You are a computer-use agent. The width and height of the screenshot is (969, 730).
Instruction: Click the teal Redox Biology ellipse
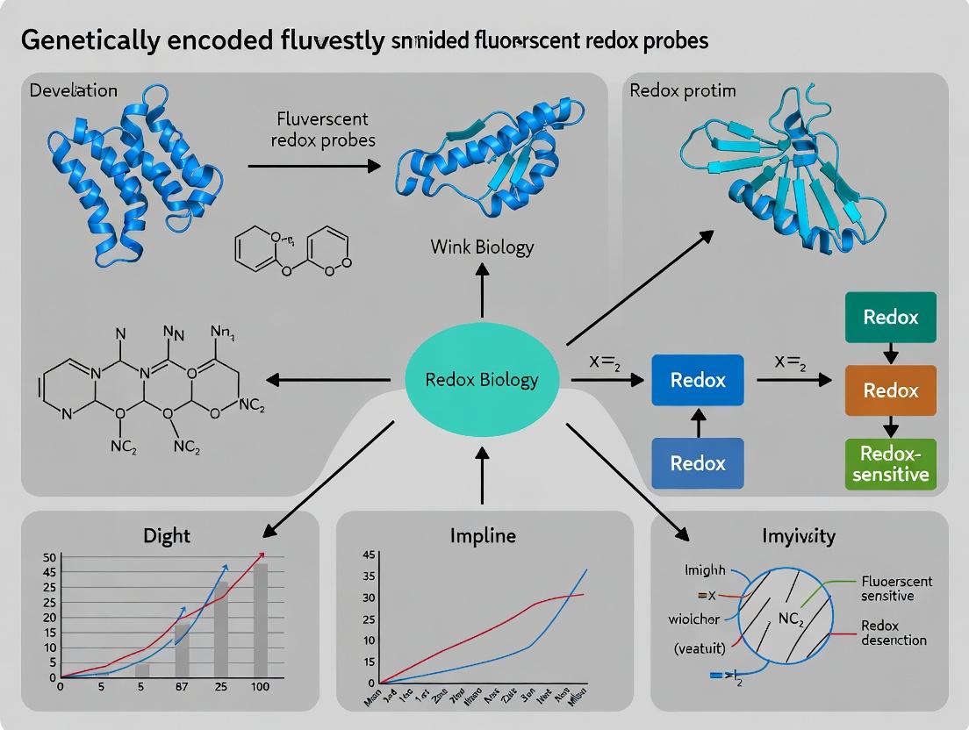pos(481,380)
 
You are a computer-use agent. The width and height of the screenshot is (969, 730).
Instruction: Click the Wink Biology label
pos(482,247)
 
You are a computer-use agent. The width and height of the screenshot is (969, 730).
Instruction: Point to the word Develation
pos(74,91)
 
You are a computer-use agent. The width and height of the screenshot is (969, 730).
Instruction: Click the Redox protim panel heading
pos(683,91)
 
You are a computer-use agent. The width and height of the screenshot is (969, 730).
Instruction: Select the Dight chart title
pos(167,534)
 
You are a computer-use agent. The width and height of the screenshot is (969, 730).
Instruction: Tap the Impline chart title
pos(483,535)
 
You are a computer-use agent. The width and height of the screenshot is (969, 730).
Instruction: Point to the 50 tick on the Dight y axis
pos(48,558)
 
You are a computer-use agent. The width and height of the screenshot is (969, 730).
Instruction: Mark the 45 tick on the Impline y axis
pos(369,555)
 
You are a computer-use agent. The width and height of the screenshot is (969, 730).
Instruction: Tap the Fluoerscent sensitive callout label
pos(897,589)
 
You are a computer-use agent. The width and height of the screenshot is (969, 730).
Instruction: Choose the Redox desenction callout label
pos(893,633)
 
